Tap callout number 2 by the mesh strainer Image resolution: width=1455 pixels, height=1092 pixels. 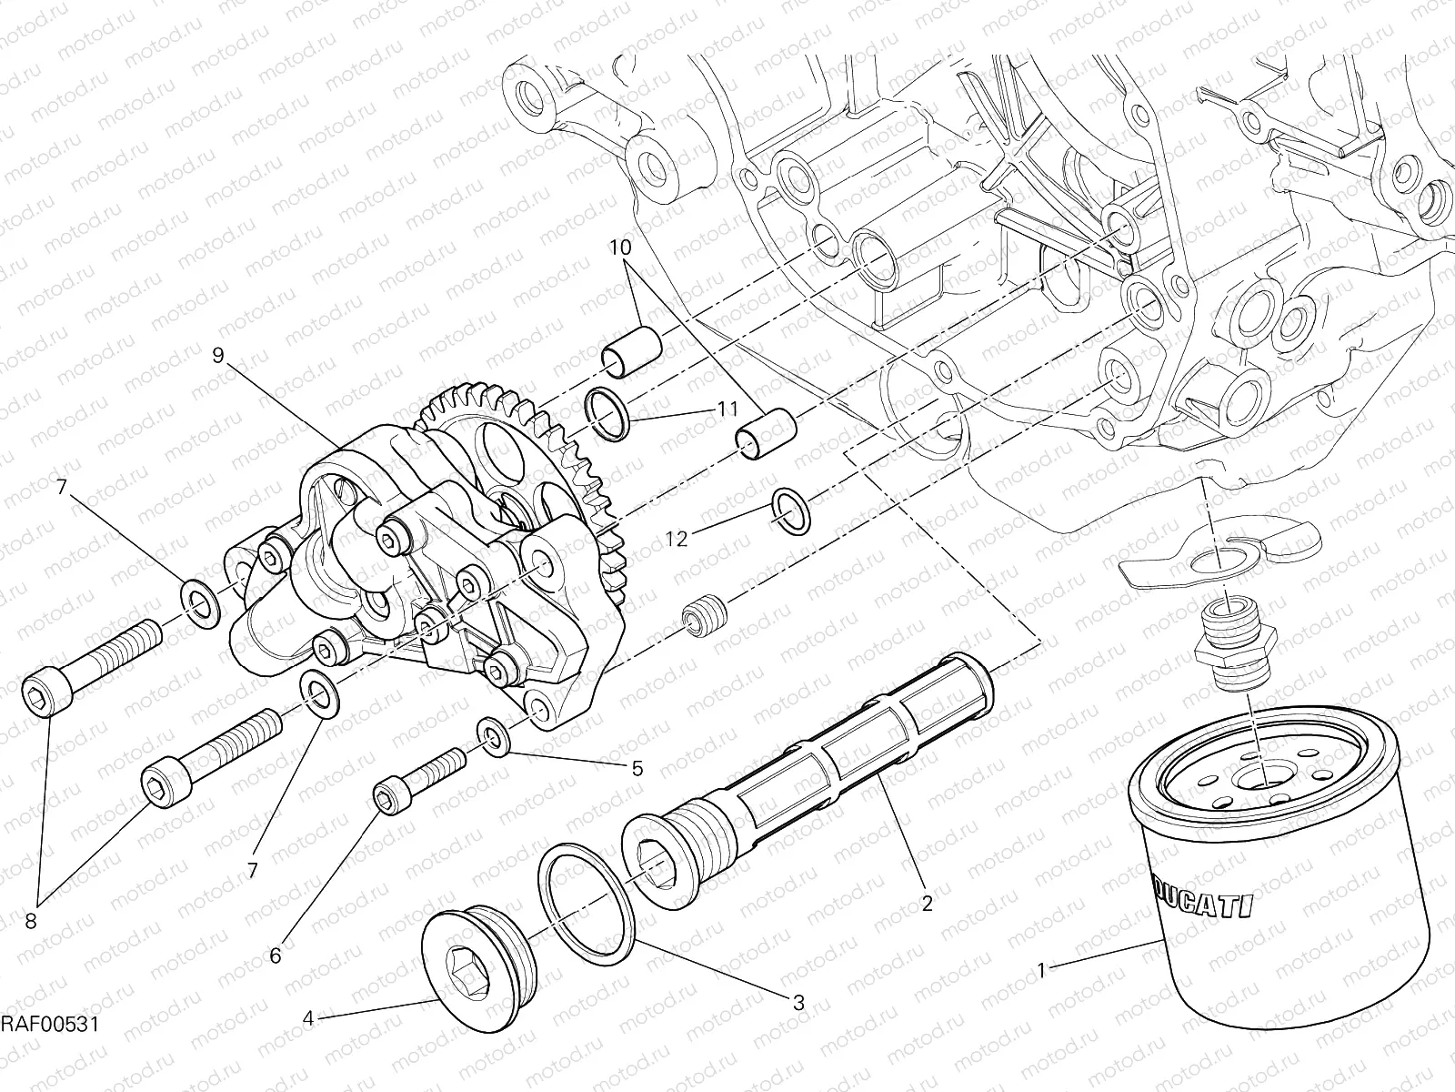tap(927, 904)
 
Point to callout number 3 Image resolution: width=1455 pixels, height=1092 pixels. tap(798, 1003)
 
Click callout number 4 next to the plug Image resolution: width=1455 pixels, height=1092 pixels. tap(308, 1019)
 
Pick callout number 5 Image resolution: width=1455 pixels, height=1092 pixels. tap(637, 769)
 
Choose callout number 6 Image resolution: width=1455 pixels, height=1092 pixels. tap(276, 955)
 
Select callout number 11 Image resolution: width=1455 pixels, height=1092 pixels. tap(727, 410)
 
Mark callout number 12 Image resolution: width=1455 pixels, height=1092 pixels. tap(676, 539)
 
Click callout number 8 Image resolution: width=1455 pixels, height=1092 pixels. tap(30, 922)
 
